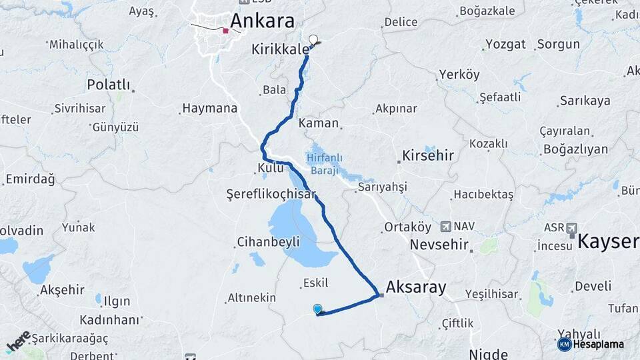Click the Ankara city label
(x=262, y=21)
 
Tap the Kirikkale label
(x=281, y=49)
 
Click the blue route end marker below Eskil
(x=318, y=309)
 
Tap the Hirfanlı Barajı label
(x=325, y=163)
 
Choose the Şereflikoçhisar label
(x=270, y=194)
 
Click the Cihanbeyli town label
(x=268, y=241)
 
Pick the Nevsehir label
(x=439, y=244)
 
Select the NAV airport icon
(x=445, y=227)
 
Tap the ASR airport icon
(x=571, y=229)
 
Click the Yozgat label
(x=505, y=45)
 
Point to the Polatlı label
(x=110, y=85)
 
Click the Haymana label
(x=209, y=108)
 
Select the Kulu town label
(x=271, y=168)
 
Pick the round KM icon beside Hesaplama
(x=564, y=344)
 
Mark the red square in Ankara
(x=226, y=30)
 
